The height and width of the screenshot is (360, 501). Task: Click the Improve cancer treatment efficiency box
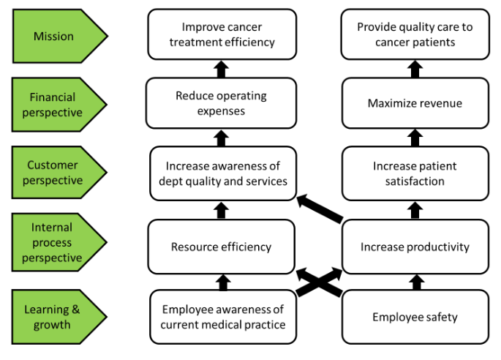(x=222, y=34)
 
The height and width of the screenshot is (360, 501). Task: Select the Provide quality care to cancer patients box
(x=415, y=34)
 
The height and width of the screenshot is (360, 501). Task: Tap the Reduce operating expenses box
(x=221, y=103)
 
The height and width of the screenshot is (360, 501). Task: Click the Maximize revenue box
(x=415, y=103)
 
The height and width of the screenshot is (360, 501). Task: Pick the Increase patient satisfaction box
(x=415, y=173)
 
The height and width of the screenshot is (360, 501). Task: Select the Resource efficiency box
(x=221, y=247)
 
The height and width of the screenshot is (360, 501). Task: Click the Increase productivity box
(x=415, y=247)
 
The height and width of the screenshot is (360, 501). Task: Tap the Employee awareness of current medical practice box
(x=222, y=317)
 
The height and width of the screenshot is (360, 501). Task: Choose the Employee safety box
(x=415, y=317)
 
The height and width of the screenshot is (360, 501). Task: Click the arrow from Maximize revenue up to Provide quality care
(x=415, y=70)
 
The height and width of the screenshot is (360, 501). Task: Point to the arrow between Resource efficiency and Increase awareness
(x=222, y=210)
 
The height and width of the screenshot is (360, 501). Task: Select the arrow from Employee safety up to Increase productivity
(x=415, y=282)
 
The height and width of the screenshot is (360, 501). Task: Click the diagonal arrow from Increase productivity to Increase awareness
(x=319, y=208)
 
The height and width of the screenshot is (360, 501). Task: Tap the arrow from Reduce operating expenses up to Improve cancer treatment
(x=222, y=70)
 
